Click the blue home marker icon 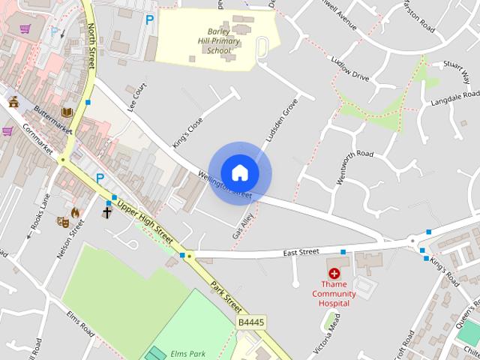coord(239,173)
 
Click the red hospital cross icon coord(334,274)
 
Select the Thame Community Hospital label coord(334,294)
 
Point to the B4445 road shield coord(250,322)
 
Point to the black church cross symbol coord(106,213)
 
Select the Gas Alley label coord(244,224)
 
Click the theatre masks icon coord(63,222)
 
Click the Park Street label coord(226,297)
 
